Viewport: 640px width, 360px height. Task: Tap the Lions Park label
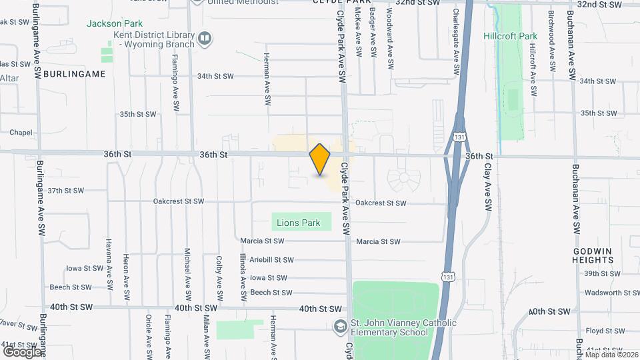[301, 223]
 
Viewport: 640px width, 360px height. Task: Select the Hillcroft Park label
[510, 36]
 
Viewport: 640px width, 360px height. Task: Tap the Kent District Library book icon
[205, 39]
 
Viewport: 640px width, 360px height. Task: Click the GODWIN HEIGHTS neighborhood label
[593, 255]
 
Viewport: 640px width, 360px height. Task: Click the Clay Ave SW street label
[487, 199]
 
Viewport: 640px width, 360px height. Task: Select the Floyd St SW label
[604, 331]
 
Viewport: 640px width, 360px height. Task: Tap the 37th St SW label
[65, 191]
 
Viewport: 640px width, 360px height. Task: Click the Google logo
[22, 351]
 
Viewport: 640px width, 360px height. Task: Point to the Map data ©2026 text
[611, 355]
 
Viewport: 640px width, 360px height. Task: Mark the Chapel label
[21, 133]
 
